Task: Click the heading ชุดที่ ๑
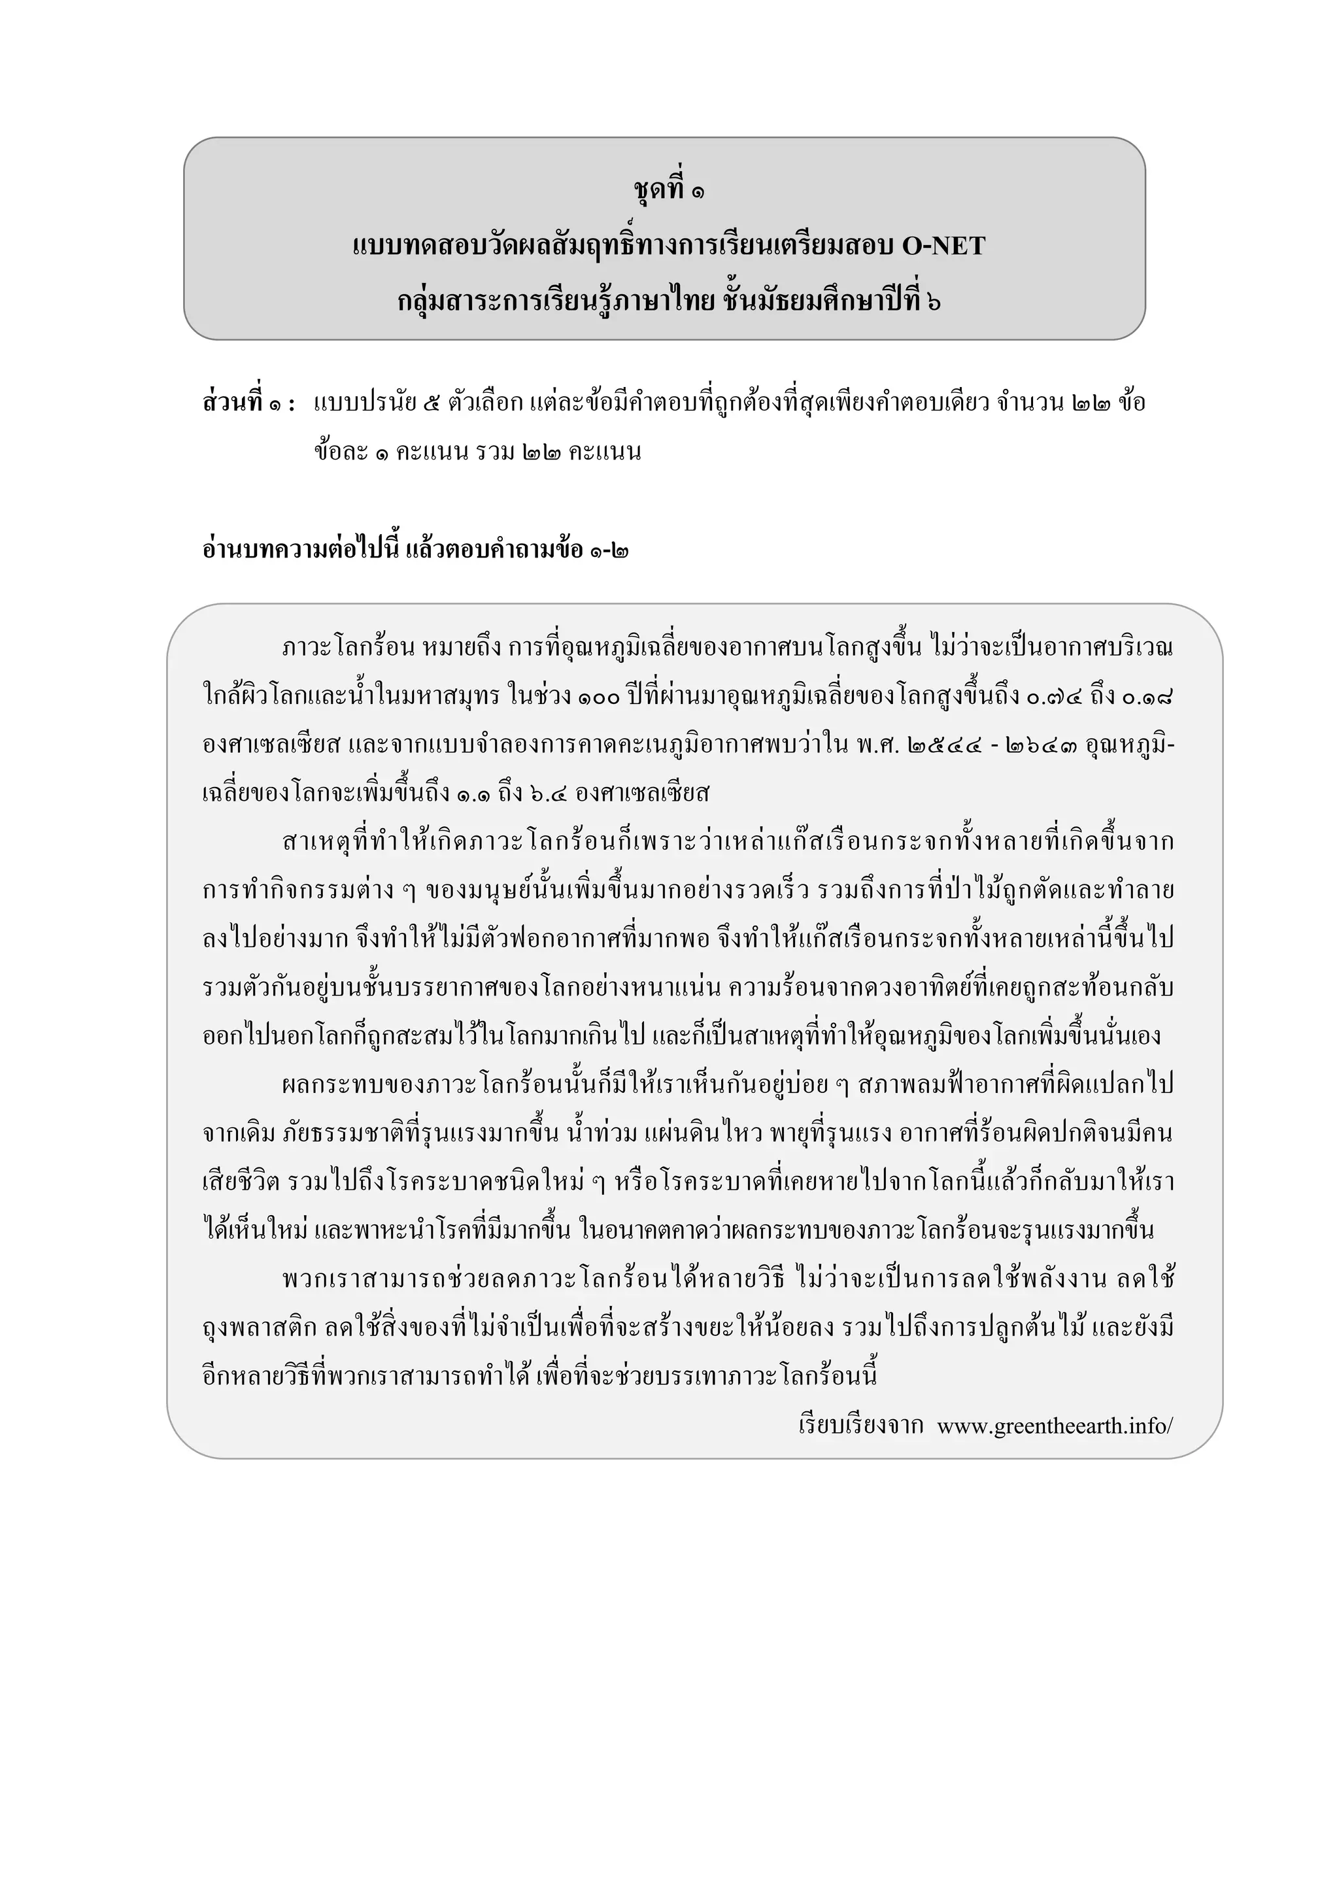tap(669, 190)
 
